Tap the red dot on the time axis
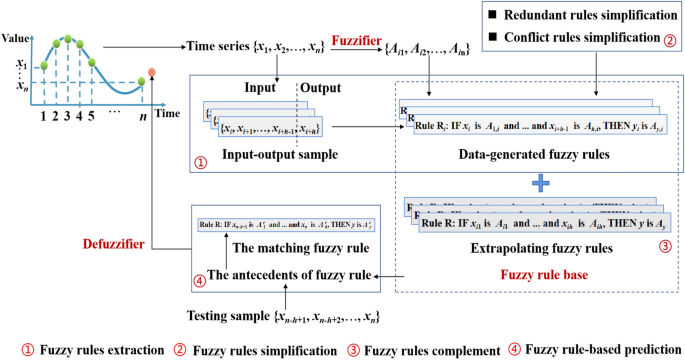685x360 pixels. click(x=151, y=73)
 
